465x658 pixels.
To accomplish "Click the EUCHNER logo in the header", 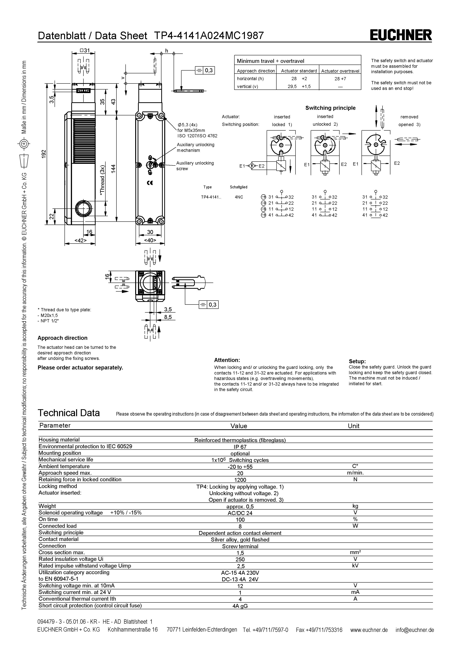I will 401,35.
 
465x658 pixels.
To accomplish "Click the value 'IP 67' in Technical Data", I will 240,447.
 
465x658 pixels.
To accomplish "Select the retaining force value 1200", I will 240,480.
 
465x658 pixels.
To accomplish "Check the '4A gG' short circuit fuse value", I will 240,606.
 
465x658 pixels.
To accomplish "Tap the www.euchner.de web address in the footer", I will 369,630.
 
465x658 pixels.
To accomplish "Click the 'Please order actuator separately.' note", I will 80,368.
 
